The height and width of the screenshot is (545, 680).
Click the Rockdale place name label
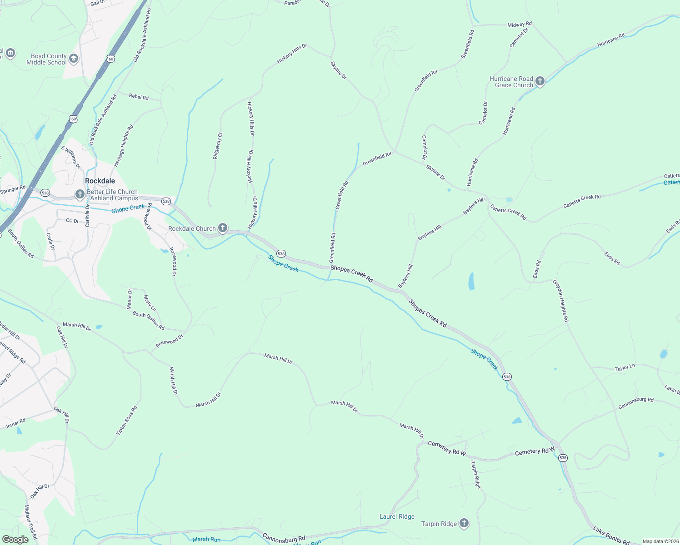tap(100, 181)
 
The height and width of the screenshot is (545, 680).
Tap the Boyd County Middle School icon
tap(74, 59)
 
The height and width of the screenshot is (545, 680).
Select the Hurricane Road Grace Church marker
tap(540, 81)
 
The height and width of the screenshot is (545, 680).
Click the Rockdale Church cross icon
tap(222, 228)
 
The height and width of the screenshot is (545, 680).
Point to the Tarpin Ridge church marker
tap(464, 523)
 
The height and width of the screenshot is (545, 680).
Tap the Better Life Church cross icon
tap(80, 195)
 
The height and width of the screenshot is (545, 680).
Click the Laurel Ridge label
tap(397, 516)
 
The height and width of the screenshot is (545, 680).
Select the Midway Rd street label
tap(519, 25)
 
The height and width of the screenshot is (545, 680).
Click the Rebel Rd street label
tap(139, 97)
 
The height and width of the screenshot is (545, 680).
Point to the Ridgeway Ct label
tap(218, 146)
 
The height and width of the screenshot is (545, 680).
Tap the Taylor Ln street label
tap(625, 367)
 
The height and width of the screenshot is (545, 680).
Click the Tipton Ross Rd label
tap(127, 421)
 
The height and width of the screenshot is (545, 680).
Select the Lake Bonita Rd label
tap(611, 535)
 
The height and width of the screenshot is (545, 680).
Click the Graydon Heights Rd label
tap(560, 301)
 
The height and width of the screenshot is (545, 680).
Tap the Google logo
tap(15, 539)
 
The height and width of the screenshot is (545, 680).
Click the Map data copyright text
tap(660, 541)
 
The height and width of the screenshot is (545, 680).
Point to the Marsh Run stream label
tap(206, 539)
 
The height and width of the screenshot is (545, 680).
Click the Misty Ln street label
tap(150, 303)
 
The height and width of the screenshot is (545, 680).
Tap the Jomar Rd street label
tap(15, 424)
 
